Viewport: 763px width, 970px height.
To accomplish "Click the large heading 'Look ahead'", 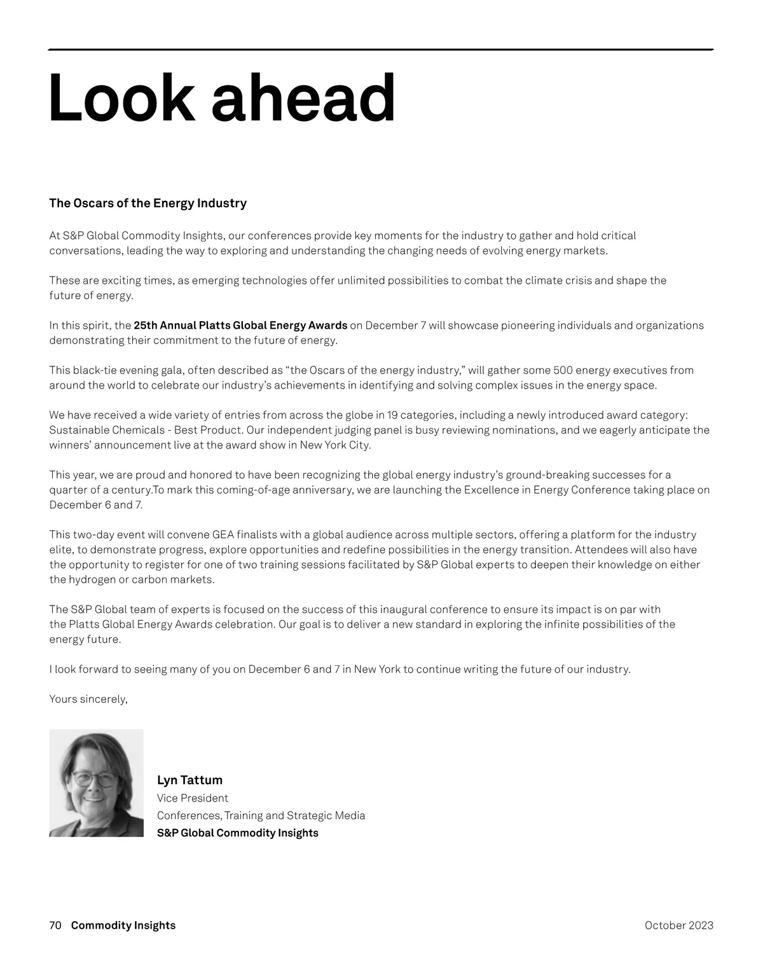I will (x=222, y=98).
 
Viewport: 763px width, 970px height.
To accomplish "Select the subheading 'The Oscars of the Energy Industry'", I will (x=148, y=204).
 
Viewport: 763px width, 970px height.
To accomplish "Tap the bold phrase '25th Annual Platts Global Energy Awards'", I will (x=240, y=326).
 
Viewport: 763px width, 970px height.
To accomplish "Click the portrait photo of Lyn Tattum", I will (x=96, y=783).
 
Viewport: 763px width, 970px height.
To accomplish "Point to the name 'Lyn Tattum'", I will (x=189, y=780).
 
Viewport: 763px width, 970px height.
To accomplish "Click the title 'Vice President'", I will (x=192, y=798).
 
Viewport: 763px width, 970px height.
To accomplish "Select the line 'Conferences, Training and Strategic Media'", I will (x=261, y=815).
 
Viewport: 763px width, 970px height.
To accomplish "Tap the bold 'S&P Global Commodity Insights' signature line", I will (x=237, y=833).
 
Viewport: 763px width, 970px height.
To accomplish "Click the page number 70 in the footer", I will (x=55, y=925).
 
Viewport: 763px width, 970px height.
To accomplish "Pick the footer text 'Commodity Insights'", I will (x=123, y=925).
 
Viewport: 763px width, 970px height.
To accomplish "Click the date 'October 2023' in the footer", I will (x=678, y=925).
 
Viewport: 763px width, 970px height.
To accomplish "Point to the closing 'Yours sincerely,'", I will (x=88, y=699).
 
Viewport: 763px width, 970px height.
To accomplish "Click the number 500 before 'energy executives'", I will (x=563, y=370).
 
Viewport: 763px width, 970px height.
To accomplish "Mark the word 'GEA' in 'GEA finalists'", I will (x=223, y=535).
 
